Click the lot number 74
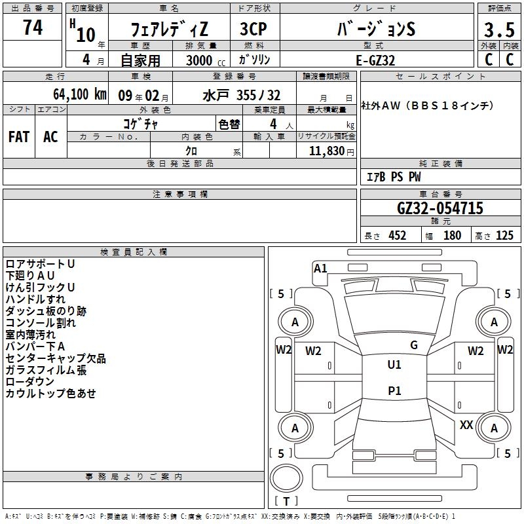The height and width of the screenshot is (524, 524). point(32,28)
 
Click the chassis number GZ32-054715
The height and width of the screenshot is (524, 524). point(440,208)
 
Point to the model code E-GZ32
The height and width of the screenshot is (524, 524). point(377,60)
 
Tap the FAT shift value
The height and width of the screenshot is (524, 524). point(18,136)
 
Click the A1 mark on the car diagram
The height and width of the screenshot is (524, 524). point(320,268)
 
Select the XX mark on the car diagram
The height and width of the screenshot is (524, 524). point(466,425)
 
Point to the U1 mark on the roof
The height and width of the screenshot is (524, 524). point(394,365)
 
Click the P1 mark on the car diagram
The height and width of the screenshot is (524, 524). point(394,391)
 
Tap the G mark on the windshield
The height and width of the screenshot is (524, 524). point(414,345)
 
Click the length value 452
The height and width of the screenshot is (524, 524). point(397,235)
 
